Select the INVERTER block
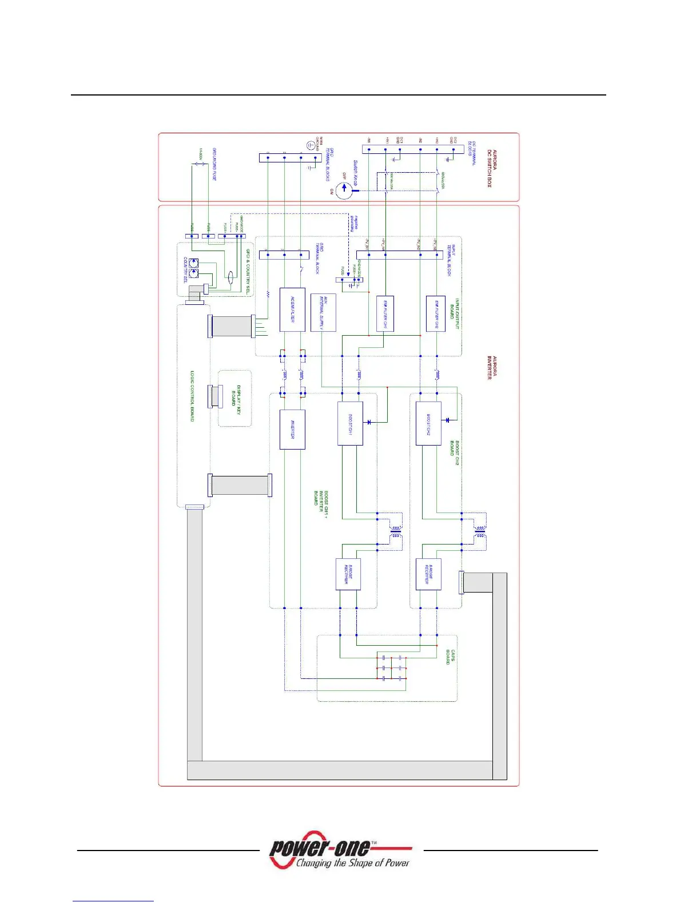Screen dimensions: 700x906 (292, 429)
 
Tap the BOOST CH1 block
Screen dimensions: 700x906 (349, 423)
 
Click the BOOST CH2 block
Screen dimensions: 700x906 (428, 423)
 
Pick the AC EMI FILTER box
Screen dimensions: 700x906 (292, 309)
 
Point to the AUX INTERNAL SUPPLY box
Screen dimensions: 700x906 (323, 312)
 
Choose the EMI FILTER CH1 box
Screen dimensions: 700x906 (385, 313)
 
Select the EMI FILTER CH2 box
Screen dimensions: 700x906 (436, 313)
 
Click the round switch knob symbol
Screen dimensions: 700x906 (344, 191)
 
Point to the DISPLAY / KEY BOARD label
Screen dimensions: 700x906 (236, 395)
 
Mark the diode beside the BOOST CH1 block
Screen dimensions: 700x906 (369, 422)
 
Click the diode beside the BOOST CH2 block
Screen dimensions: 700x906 (448, 420)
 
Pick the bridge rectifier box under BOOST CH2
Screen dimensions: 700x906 (428, 574)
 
